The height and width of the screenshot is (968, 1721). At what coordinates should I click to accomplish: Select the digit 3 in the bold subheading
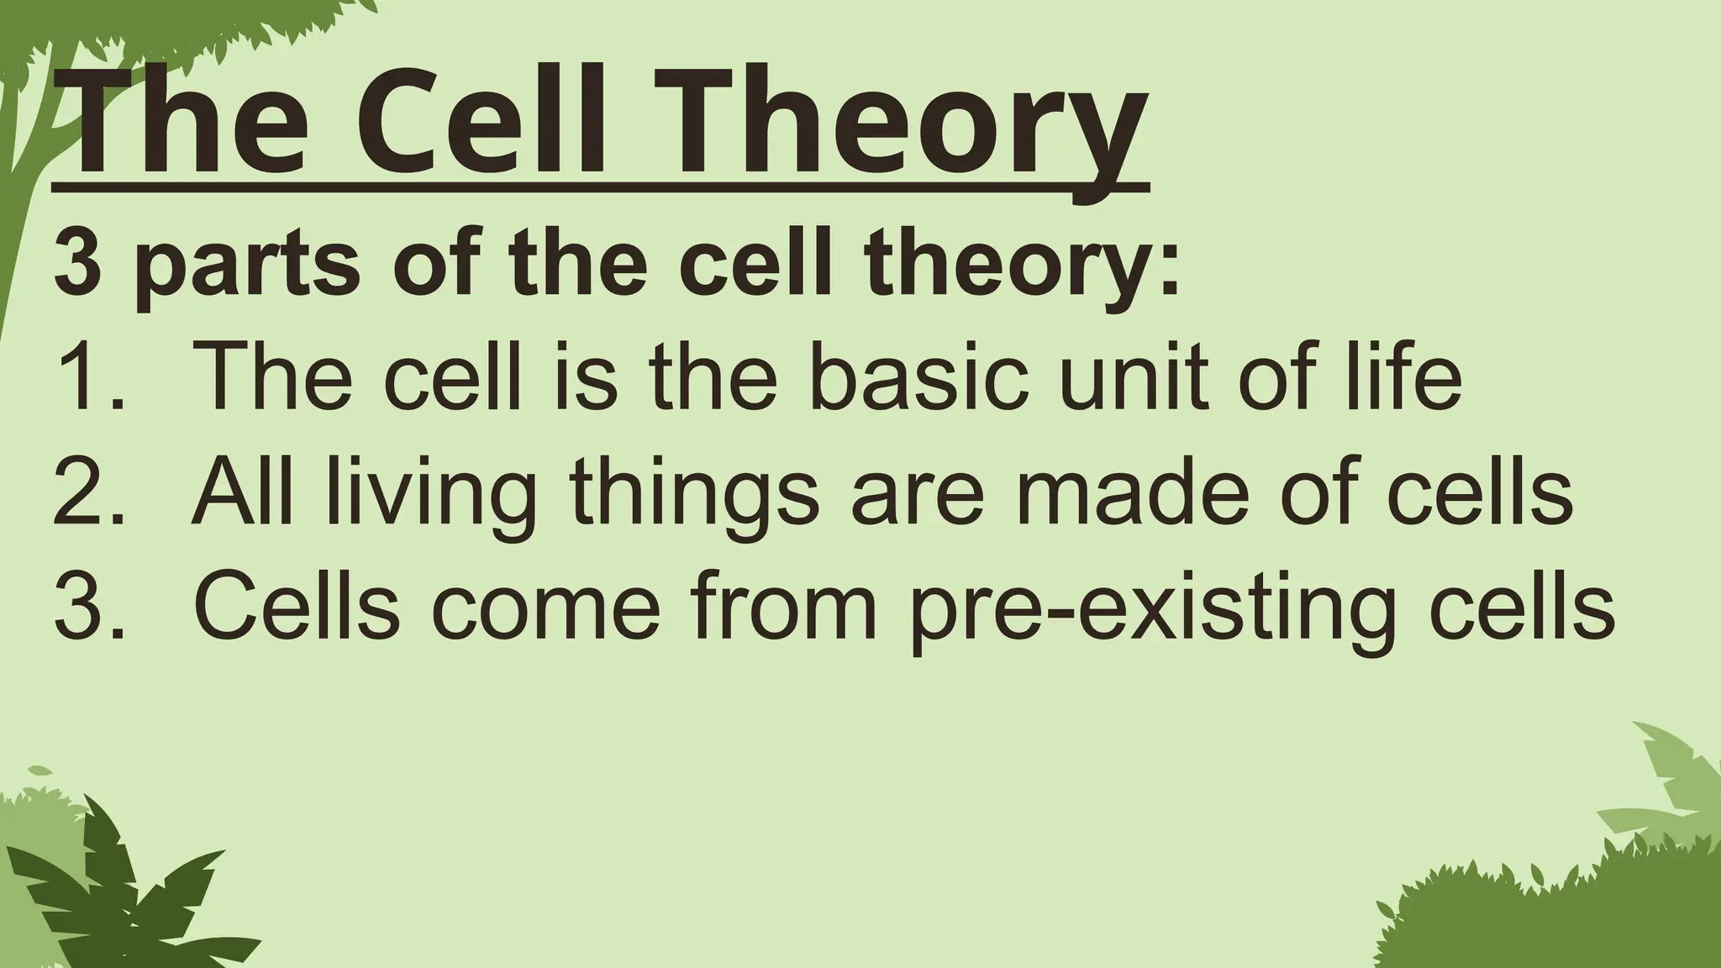pyautogui.click(x=77, y=265)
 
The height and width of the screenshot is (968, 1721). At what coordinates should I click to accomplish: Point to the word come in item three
pyautogui.click(x=546, y=609)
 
